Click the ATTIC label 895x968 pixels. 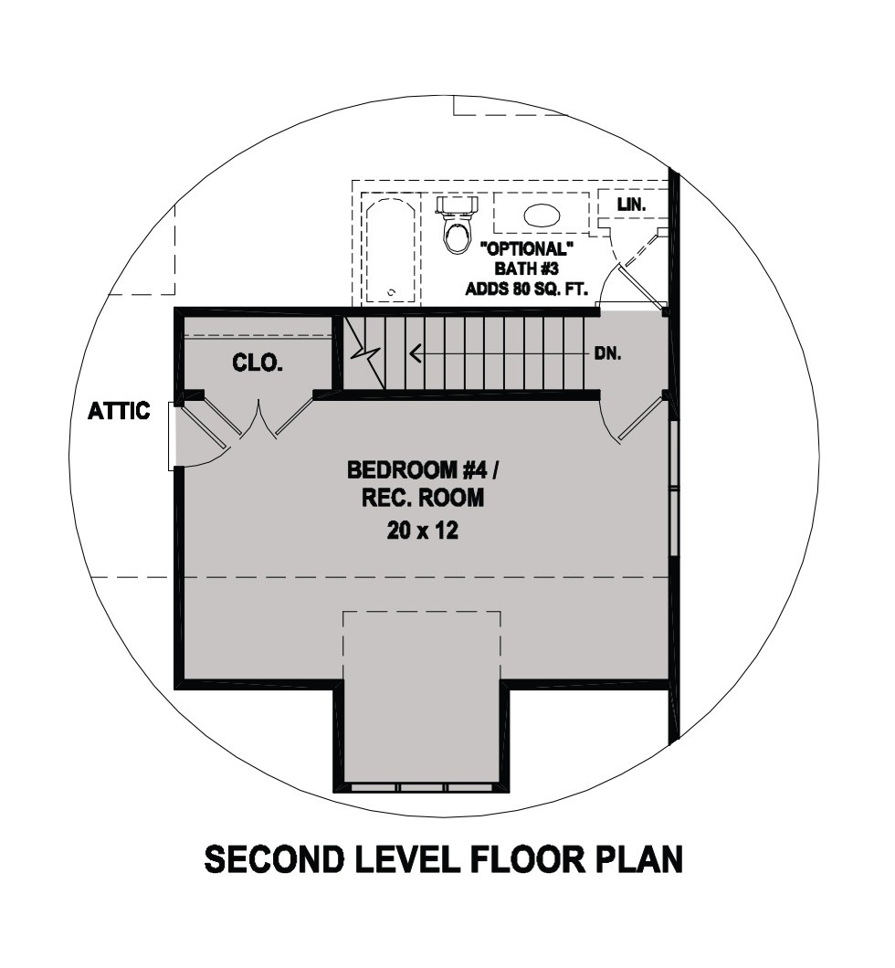pos(119,411)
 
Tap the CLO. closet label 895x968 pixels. pos(258,363)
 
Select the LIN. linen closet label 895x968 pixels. pos(631,205)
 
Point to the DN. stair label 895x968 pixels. pos(607,353)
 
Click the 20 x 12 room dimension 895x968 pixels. pos(422,531)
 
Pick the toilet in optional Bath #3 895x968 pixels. pos(458,224)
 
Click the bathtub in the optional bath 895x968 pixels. pos(390,250)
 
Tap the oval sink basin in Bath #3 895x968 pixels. pos(542,215)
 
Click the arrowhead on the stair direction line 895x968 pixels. pos(416,353)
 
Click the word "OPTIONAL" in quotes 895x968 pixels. pos(527,249)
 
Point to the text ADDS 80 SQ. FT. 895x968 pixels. pos(527,289)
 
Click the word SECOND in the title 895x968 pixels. pos(274,858)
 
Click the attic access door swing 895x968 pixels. pos(204,431)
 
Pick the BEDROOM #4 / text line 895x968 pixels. pos(422,469)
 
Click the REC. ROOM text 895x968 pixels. pos(423,498)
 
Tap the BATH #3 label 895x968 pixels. pos(527,268)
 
